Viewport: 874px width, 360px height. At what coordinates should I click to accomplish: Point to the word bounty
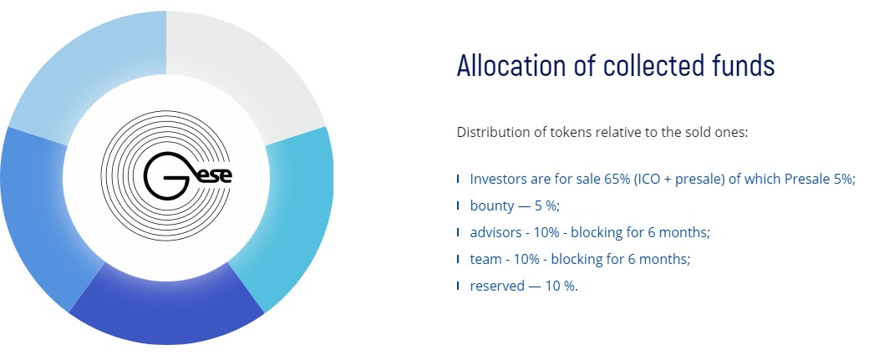tap(492, 205)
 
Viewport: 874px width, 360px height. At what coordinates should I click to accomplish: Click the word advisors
tap(495, 232)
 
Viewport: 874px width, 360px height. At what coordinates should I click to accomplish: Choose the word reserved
tap(497, 286)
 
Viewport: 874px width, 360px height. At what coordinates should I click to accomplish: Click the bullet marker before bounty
tap(458, 205)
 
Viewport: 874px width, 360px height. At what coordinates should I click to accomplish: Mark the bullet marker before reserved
tap(458, 286)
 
